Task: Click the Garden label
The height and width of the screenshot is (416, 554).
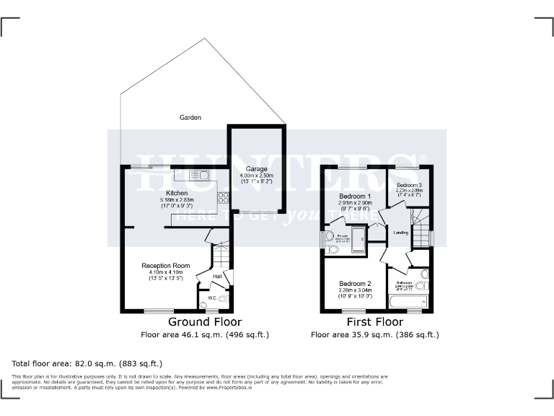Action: tap(190, 117)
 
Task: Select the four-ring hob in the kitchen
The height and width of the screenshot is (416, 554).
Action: tap(223, 197)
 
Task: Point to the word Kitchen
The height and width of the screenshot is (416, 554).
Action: tap(177, 194)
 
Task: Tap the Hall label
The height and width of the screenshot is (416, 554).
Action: tap(216, 276)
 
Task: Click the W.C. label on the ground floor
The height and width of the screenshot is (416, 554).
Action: tap(214, 297)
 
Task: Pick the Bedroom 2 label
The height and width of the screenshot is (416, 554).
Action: tap(354, 283)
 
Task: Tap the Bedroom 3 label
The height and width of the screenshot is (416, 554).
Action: tap(410, 186)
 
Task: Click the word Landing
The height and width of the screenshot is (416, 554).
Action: tap(401, 233)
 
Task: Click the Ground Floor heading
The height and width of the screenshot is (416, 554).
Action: tap(205, 322)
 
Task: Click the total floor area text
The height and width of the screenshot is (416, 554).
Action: tap(87, 363)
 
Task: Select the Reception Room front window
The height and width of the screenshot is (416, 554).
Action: tap(159, 311)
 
